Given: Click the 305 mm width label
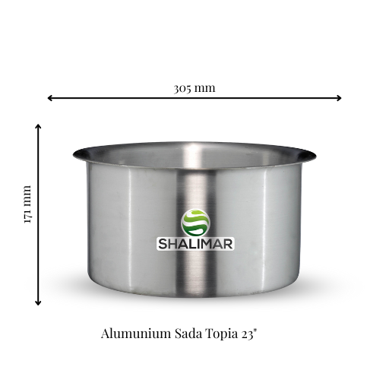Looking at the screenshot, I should tap(194, 87).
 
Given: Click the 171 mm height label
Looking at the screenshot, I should tap(27, 204).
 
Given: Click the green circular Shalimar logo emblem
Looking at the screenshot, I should tap(195, 222).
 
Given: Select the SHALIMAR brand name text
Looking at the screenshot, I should tap(195, 245).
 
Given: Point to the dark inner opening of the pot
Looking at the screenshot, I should tap(194, 155).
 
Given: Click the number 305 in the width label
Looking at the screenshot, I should tap(183, 87).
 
